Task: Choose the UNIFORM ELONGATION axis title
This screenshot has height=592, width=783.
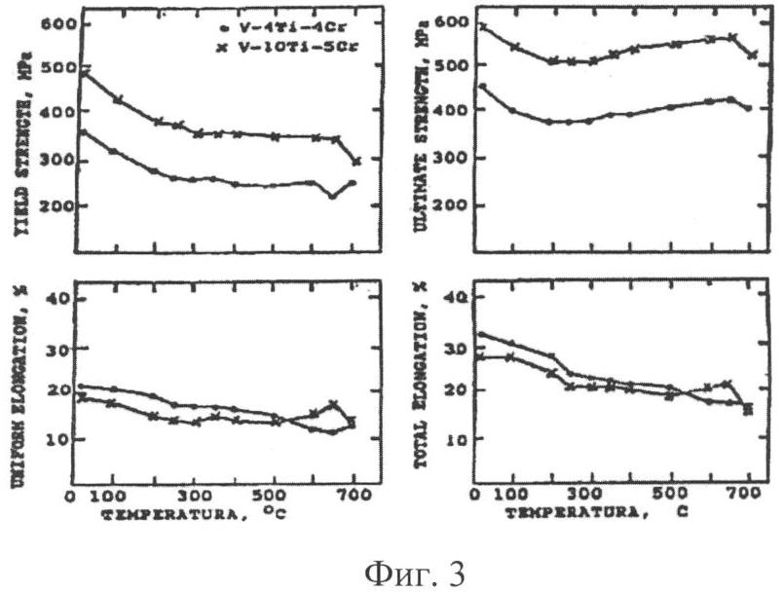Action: [x=19, y=386]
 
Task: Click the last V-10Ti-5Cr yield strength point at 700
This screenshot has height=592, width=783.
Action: [x=356, y=161]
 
